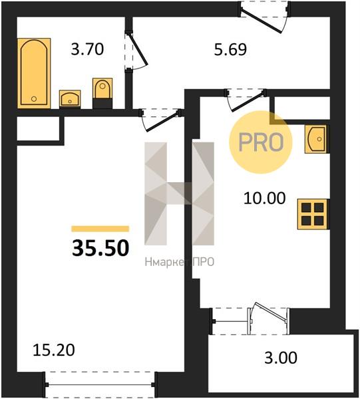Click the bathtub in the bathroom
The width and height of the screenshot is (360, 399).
point(34,73)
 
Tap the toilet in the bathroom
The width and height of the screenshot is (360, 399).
point(102,93)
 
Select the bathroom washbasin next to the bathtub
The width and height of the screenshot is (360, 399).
point(70,98)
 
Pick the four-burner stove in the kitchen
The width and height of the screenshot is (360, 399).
point(313,214)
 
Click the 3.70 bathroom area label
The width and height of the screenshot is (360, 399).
point(87,49)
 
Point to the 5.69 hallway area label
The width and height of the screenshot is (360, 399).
point(230,49)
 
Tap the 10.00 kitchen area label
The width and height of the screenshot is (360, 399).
point(265,198)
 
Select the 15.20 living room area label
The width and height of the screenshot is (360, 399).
point(54,350)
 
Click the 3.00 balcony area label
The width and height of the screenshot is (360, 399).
point(281,358)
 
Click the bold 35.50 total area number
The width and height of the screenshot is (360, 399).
point(100,248)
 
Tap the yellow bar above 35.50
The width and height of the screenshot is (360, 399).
point(100,229)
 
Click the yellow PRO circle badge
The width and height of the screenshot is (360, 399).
point(261,142)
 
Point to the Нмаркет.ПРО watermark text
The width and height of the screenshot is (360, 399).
point(180,262)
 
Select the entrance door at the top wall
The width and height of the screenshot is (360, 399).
point(264,17)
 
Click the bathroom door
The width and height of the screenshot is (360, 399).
point(136,51)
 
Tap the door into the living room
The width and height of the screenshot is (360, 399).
point(161,120)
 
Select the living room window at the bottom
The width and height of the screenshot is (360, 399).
point(100,384)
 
